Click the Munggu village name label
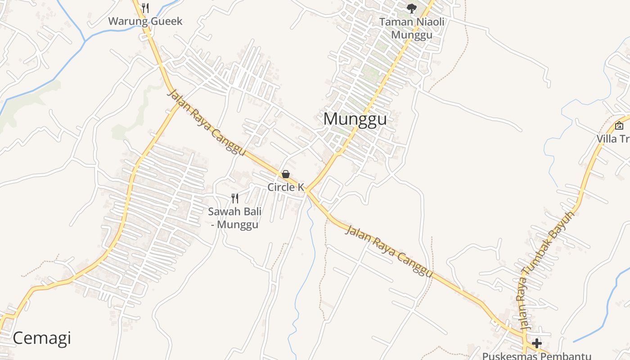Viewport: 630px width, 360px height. click(355, 119)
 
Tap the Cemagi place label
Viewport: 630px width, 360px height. click(42, 338)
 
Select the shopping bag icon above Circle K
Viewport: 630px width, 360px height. click(285, 174)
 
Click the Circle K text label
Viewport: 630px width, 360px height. click(286, 187)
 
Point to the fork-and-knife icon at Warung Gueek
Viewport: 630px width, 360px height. click(145, 8)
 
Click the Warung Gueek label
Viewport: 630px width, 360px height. click(145, 21)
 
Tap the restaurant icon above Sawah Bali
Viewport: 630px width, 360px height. click(234, 198)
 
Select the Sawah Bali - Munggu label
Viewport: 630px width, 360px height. click(234, 218)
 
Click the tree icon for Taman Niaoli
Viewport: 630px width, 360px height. click(411, 8)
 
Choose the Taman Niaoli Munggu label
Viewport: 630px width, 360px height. click(412, 28)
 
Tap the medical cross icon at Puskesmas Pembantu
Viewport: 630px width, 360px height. click(536, 343)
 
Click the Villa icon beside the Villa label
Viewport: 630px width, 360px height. click(619, 126)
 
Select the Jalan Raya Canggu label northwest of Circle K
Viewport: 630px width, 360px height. click(207, 122)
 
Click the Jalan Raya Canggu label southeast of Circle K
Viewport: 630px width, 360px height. click(389, 251)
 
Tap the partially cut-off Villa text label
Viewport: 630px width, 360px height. click(613, 139)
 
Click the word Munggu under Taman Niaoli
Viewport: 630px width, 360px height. click(412, 35)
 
